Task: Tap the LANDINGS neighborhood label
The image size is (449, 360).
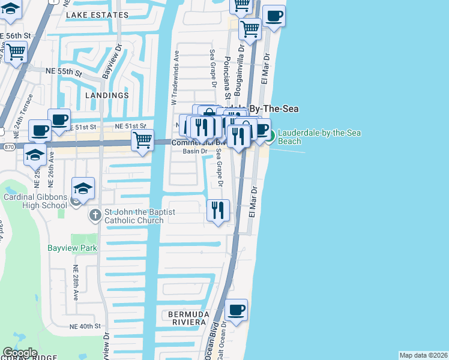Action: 107,95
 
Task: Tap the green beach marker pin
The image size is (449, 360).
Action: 270,136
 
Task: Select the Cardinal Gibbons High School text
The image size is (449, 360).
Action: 34,200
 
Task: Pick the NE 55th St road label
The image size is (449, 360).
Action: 63,71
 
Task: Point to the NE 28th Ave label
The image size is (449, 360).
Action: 76,283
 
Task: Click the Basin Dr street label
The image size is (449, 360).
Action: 195,151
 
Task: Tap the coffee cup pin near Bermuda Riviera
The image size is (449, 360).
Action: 237,311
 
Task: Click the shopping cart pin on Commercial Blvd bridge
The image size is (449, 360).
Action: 142,142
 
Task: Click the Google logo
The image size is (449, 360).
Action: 19,353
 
